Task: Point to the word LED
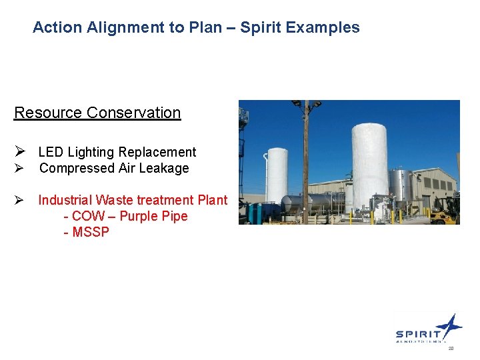51,152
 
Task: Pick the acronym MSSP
91,232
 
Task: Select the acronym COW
87,216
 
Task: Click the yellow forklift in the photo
445,209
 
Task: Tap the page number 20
451,349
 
